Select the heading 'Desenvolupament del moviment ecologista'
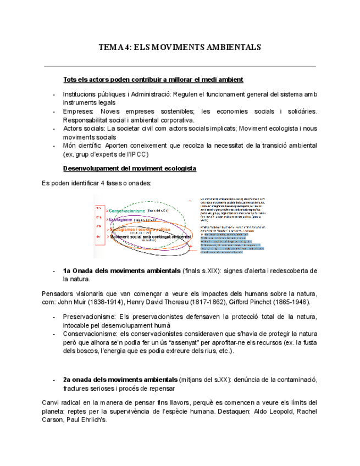coord(130,168)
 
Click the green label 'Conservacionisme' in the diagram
coord(128,210)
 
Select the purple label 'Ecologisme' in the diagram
coord(120,220)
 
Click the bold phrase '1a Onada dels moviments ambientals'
coord(121,271)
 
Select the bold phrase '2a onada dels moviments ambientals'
coord(120,380)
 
